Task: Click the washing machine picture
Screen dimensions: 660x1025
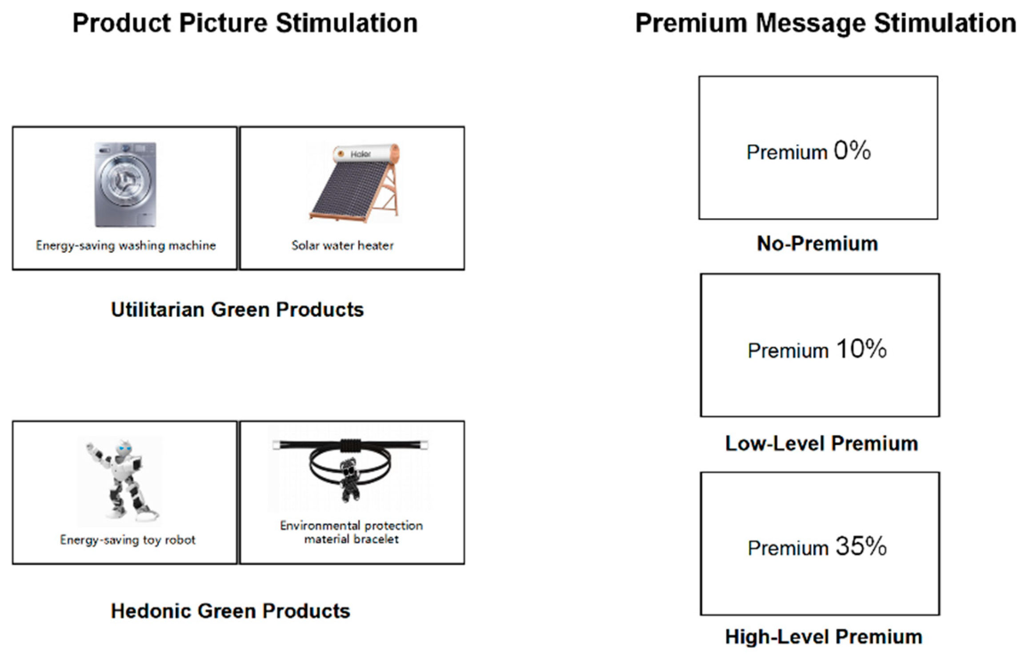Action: [x=125, y=184]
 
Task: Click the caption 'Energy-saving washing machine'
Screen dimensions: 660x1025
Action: [x=126, y=245]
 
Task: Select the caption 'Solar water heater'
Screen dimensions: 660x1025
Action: [x=342, y=245]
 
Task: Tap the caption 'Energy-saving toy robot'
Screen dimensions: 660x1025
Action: [x=128, y=540]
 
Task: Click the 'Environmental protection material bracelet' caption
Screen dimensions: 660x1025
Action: [x=351, y=532]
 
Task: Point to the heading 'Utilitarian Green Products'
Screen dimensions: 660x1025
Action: [x=237, y=309]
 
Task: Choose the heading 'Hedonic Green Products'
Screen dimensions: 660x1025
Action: [x=230, y=611]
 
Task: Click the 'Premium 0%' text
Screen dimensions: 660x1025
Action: [x=808, y=151]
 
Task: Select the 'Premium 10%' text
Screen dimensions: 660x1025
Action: [x=817, y=349]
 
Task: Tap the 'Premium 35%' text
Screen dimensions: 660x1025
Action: [x=817, y=547]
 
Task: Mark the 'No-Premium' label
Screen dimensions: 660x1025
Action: [x=817, y=244]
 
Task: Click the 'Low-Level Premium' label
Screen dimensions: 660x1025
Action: [x=821, y=443]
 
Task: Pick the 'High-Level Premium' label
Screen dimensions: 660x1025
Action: [x=823, y=636]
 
